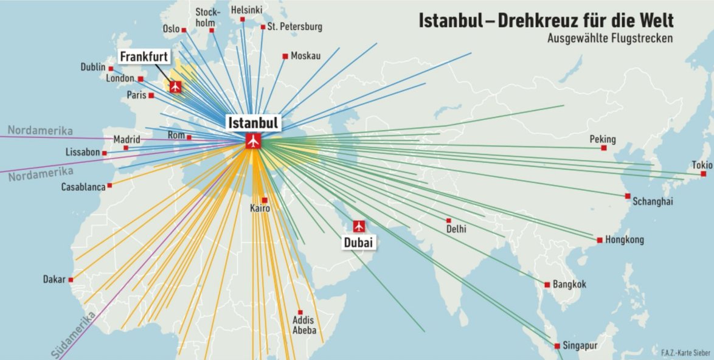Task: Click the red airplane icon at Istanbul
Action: (x=253, y=142)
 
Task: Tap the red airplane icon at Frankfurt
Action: (x=176, y=86)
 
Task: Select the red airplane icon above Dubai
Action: (x=359, y=226)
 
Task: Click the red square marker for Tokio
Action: (x=703, y=174)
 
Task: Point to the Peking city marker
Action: (x=604, y=148)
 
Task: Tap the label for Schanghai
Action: (x=653, y=202)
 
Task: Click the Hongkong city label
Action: (x=624, y=240)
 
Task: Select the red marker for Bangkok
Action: (x=547, y=284)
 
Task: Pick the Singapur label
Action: (x=581, y=345)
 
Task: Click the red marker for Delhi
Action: (x=449, y=220)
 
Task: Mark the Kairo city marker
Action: (x=265, y=200)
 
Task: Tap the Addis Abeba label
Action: (x=304, y=325)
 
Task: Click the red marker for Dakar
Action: (x=71, y=280)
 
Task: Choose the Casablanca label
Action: (x=83, y=187)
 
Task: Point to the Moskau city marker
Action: (x=285, y=57)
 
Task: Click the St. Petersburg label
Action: (x=296, y=27)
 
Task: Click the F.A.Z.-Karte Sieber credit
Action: (x=685, y=352)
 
